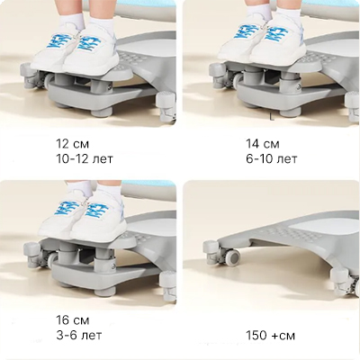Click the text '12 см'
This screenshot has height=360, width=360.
click(73, 144)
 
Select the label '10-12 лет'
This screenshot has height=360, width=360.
click(85, 158)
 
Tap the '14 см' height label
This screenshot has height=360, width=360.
click(263, 144)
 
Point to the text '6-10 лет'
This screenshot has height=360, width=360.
click(272, 158)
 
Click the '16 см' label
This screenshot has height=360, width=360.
click(73, 320)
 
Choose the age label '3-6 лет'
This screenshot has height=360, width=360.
click(79, 335)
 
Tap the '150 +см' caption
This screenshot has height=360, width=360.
click(270, 336)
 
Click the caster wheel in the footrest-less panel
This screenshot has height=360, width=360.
click(233, 257)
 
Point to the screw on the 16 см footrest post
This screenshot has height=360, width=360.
click(113, 266)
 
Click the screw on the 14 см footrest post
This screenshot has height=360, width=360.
click(299, 87)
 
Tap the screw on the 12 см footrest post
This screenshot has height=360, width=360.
click(109, 87)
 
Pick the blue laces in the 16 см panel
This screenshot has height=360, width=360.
click(81, 208)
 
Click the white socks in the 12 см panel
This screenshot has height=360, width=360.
click(86, 21)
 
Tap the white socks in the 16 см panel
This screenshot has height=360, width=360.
click(94, 188)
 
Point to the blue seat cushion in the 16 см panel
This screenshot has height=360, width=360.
click(148, 183)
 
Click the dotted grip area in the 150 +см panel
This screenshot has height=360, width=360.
click(291, 233)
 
